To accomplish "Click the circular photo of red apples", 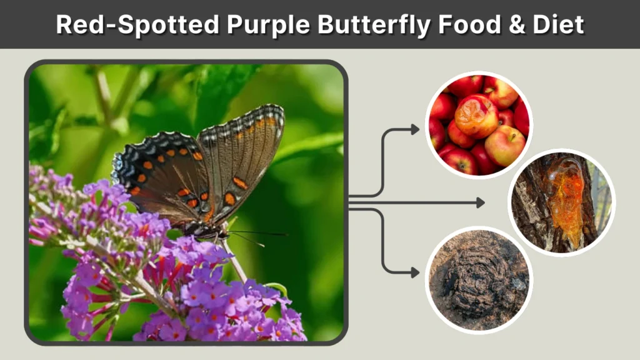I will pyautogui.click(x=479, y=124).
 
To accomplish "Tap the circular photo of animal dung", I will pyautogui.click(x=479, y=279).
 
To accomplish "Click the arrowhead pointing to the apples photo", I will pyautogui.click(x=415, y=130).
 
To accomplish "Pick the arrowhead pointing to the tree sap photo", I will pyautogui.click(x=480, y=202).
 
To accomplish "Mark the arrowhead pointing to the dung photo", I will pyautogui.click(x=415, y=272).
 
